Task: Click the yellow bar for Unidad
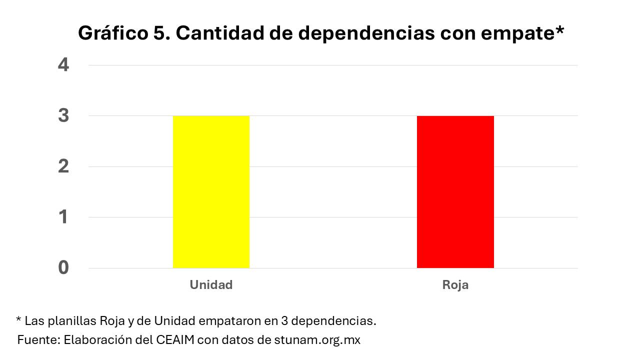point(211,192)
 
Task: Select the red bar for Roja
point(455,192)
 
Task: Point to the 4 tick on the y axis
point(63,65)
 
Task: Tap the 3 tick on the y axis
point(63,116)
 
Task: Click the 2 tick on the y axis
point(63,166)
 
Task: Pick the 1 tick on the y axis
point(63,217)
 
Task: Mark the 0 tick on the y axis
point(63,268)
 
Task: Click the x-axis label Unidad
point(211,285)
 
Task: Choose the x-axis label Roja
point(455,285)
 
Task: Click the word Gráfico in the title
point(111,33)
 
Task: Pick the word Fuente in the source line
point(37,340)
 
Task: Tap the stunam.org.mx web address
point(317,340)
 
